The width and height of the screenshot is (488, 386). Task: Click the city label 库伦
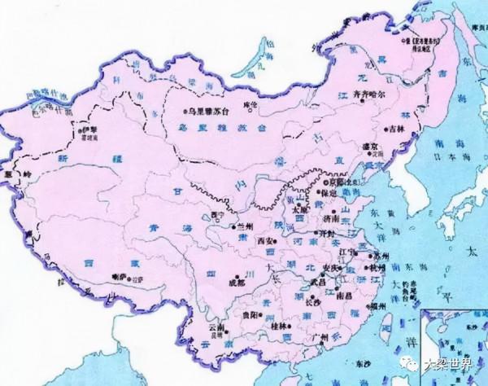point(247,106)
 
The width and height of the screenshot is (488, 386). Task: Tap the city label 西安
point(265,241)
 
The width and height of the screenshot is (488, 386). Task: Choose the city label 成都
point(235,283)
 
